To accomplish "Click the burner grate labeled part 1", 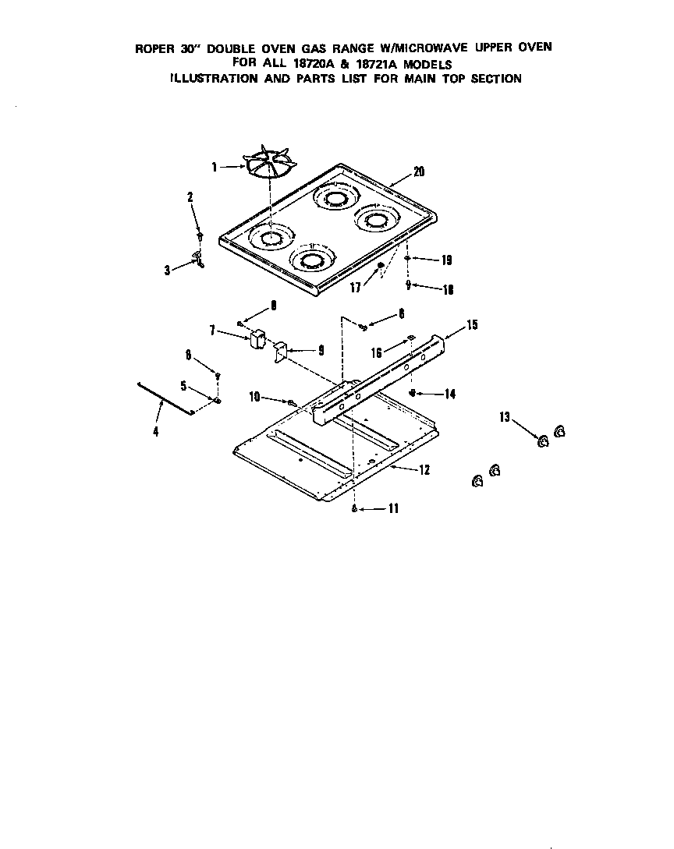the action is coord(270,161).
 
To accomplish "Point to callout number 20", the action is coord(419,172).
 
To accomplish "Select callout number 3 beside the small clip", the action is coord(168,270).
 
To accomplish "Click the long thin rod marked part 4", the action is coord(165,399).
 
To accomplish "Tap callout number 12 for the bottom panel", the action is coord(424,470).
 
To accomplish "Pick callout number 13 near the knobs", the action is coord(505,417).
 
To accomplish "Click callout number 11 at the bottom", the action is coord(393,508).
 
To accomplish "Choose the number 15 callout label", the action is coord(472,325).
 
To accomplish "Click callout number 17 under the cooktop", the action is coord(356,288).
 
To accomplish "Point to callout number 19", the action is coord(446,260).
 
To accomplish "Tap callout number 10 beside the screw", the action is coord(254,398).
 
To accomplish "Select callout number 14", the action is coord(449,394).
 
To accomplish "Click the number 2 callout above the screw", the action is coord(190,197).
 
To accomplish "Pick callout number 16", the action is coord(377,353).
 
